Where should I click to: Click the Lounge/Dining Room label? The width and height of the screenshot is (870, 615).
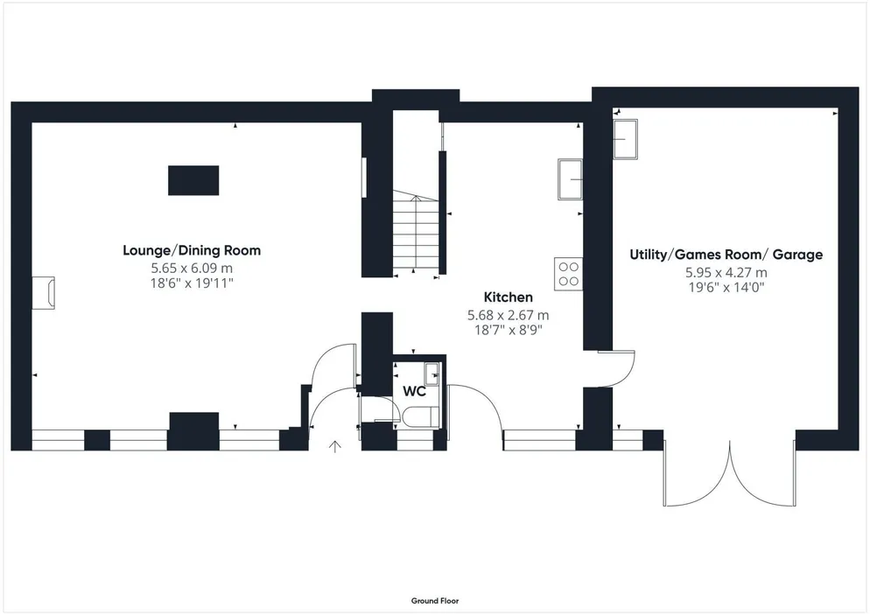(x=192, y=251)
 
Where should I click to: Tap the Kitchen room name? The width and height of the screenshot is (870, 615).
(x=509, y=297)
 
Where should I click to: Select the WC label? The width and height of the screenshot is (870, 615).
(x=415, y=392)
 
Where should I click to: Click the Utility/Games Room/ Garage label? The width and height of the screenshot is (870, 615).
(x=726, y=255)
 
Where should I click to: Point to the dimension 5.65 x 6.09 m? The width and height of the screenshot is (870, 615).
(x=192, y=269)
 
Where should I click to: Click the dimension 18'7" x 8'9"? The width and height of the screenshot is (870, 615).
(x=509, y=331)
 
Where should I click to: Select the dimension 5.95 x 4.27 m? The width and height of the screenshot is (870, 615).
(x=726, y=273)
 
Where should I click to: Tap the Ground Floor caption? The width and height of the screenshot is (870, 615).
(x=435, y=601)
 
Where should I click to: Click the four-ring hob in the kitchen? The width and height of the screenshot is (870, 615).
(x=568, y=274)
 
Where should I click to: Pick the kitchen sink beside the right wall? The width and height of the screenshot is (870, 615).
(x=570, y=179)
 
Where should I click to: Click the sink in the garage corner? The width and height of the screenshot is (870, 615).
(x=625, y=139)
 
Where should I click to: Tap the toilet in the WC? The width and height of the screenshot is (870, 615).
(x=421, y=417)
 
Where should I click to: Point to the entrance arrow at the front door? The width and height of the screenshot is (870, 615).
(x=334, y=446)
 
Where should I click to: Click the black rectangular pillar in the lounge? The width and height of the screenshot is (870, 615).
(x=193, y=180)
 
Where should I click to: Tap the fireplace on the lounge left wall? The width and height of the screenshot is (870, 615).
(x=43, y=293)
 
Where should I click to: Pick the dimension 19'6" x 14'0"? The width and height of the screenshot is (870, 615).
(x=726, y=288)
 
